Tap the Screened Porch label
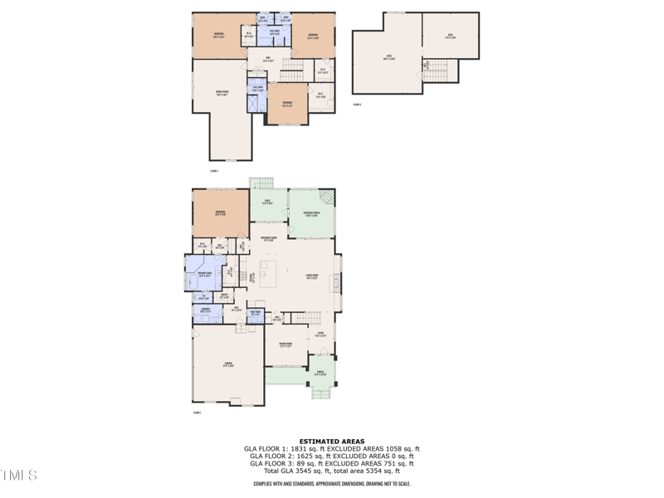[310, 214]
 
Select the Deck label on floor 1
[267, 202]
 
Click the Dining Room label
[285, 344]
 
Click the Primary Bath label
[203, 275]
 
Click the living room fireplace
[335, 281]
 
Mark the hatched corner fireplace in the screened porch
[328, 198]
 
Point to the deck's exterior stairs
[262, 183]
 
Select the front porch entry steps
[320, 393]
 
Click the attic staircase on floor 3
[447, 71]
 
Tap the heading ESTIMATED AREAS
[332, 442]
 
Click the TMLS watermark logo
[18, 476]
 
